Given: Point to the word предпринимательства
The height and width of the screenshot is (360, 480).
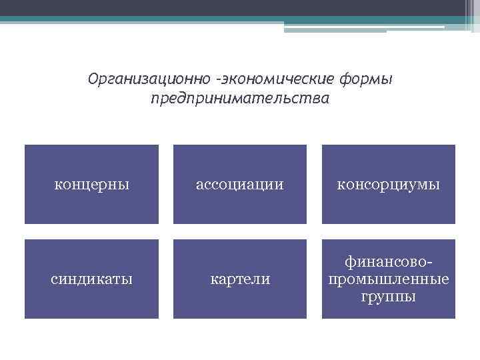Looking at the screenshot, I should (x=240, y=99).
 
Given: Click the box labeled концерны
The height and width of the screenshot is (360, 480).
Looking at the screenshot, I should (x=91, y=184).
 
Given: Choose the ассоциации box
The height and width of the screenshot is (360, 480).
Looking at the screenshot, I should (x=240, y=184).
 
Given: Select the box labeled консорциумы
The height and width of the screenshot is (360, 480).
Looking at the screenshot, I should (x=388, y=184).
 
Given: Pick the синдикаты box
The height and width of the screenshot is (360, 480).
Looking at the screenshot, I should (x=91, y=279).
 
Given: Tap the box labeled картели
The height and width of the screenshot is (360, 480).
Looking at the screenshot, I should (x=240, y=279).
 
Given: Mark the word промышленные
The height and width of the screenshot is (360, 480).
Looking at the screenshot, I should (x=388, y=278).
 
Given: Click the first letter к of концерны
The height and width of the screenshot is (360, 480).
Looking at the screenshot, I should (x=57, y=185).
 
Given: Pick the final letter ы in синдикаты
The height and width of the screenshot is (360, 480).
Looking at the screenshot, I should (x=128, y=279).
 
